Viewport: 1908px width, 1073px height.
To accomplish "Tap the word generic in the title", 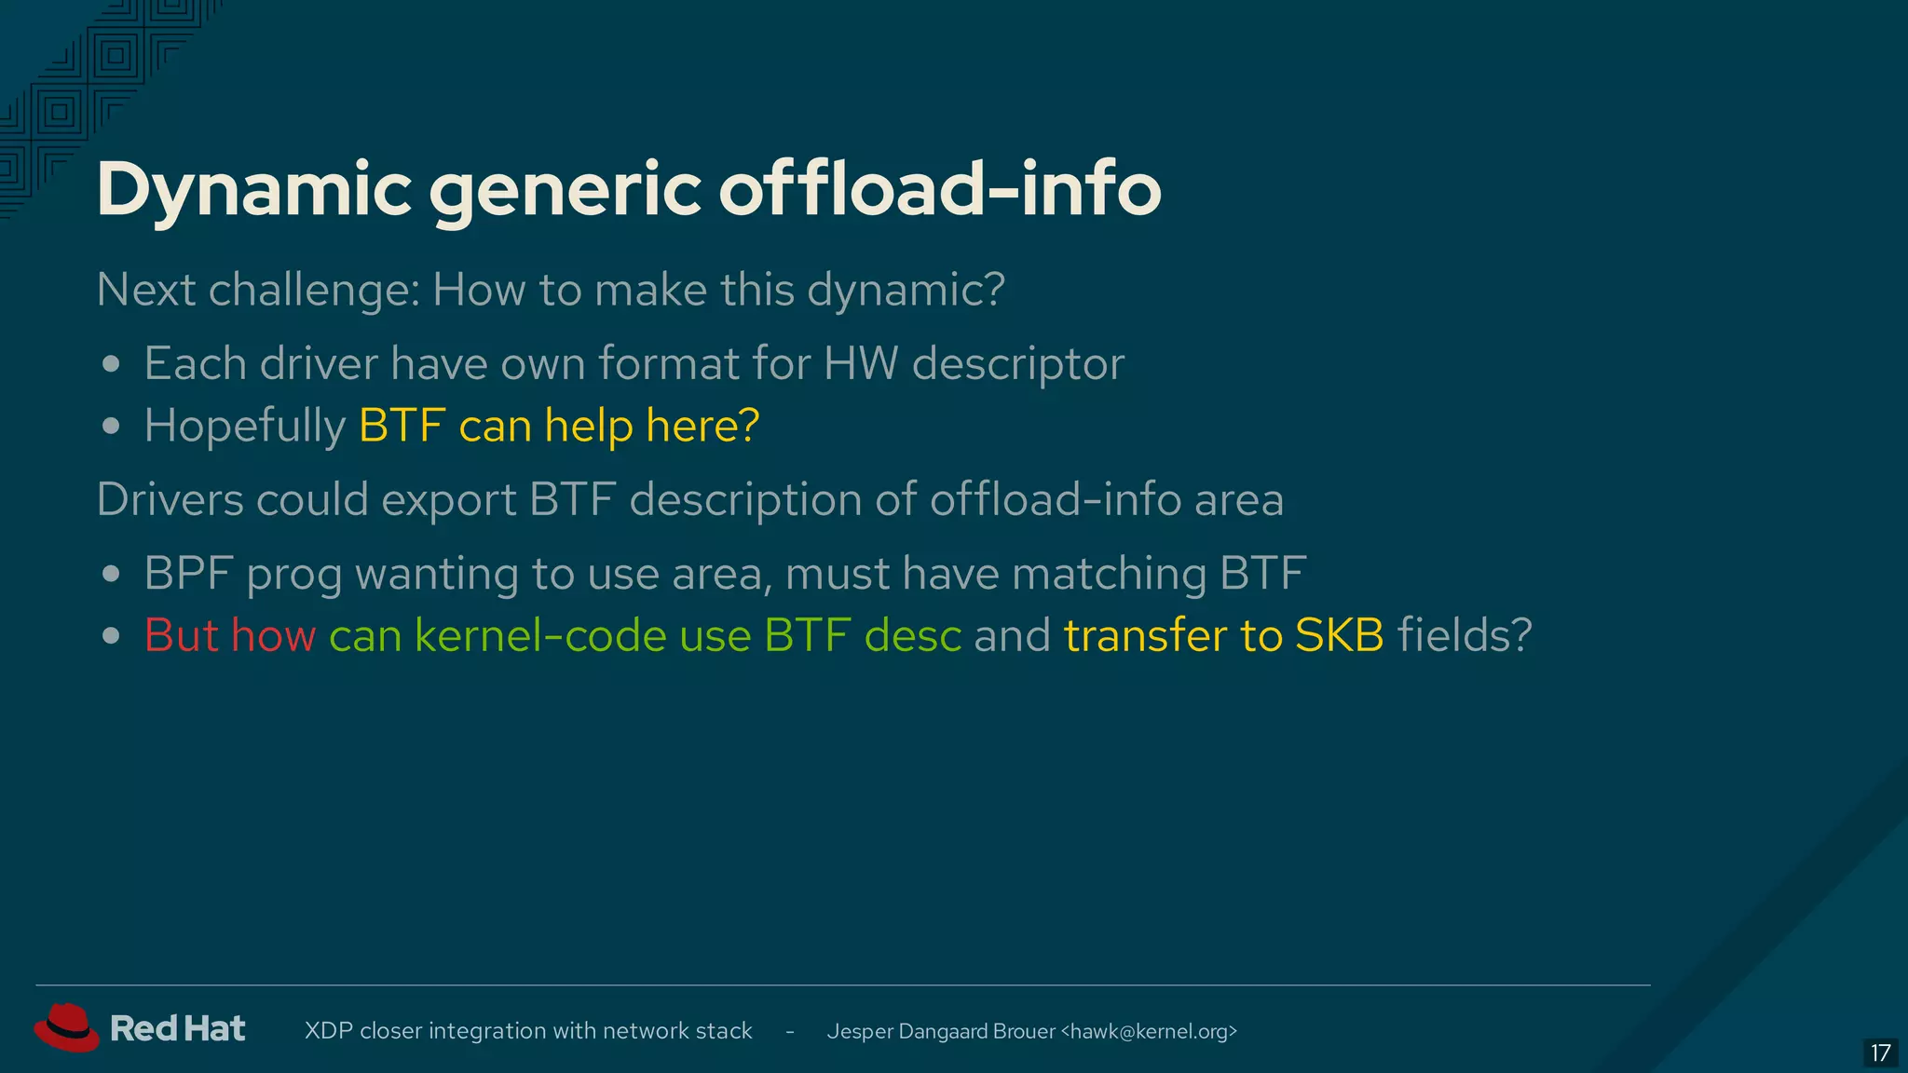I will pyautogui.click(x=564, y=190).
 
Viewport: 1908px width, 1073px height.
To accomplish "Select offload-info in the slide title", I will pyautogui.click(x=939, y=188).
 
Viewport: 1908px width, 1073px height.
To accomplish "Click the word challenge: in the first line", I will pyautogui.click(x=313, y=291).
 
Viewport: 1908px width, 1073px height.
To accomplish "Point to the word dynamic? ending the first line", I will pyautogui.click(x=906, y=291).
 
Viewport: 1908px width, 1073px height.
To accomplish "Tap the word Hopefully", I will pyautogui.click(x=245, y=427).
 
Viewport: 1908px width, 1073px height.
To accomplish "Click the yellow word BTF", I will pyautogui.click(x=402, y=426).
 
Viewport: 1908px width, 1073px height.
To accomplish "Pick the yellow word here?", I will pyautogui.click(x=702, y=426).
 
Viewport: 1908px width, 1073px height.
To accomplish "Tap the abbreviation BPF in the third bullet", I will pyautogui.click(x=188, y=573).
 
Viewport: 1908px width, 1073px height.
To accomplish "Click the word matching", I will pyautogui.click(x=1109, y=574).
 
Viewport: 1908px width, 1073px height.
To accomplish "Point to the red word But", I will pyautogui.click(x=181, y=635).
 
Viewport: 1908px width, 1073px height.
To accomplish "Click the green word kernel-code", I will pyautogui.click(x=540, y=635).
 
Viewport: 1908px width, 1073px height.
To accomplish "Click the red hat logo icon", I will pyautogui.click(x=66, y=1028).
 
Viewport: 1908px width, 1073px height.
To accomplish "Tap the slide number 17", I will pyautogui.click(x=1880, y=1053).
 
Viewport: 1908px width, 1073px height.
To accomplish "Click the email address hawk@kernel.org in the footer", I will pyautogui.click(x=1149, y=1031).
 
